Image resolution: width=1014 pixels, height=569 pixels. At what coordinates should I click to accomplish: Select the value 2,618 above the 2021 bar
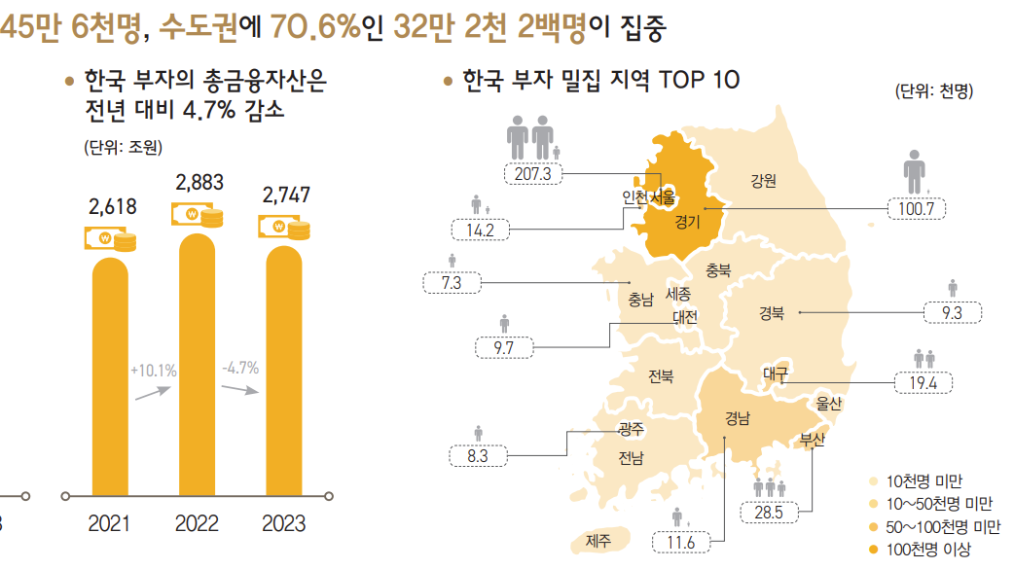point(112,207)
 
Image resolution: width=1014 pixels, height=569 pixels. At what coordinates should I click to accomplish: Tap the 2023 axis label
point(283,524)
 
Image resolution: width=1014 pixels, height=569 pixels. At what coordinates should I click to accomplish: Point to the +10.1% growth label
point(153,370)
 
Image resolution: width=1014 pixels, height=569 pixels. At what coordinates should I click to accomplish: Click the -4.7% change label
point(239,368)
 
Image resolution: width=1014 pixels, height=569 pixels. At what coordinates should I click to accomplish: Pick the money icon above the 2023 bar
point(284,229)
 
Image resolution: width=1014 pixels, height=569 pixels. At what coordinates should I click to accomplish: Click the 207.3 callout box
point(534,174)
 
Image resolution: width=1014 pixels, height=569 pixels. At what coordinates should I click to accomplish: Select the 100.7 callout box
point(917,208)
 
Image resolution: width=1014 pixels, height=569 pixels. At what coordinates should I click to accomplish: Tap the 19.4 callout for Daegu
point(923,382)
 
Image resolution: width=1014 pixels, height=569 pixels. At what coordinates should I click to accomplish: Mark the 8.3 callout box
point(477,454)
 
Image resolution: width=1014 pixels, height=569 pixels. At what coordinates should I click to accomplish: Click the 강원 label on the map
point(763,181)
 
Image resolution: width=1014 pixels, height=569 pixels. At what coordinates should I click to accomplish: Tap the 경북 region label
point(771,313)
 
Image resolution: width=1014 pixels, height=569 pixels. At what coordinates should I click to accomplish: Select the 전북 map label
point(660,375)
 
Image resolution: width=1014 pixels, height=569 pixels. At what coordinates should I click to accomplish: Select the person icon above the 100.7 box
point(915,172)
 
